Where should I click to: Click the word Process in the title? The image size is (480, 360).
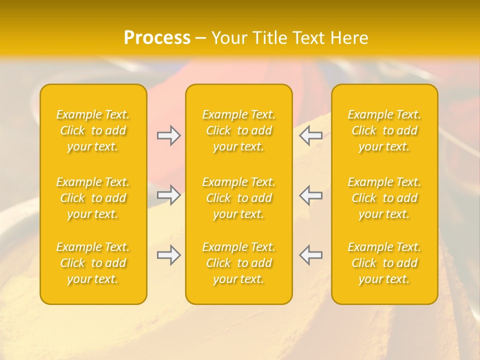click(157, 38)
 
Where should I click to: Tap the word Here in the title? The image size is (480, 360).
click(349, 38)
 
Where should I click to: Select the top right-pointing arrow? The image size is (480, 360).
click(169, 135)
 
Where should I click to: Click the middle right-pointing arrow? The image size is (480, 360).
click(169, 195)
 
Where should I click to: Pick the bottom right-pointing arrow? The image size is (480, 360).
click(169, 255)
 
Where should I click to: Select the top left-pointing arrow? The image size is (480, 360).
click(311, 135)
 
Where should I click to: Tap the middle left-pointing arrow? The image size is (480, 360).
click(311, 195)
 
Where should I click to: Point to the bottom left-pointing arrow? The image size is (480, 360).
click(311, 255)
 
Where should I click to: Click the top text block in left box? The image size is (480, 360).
click(93, 130)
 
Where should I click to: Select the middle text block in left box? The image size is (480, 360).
click(93, 198)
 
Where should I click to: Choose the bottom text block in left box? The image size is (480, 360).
click(93, 263)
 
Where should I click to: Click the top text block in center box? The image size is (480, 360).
click(238, 130)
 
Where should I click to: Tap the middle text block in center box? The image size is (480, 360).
click(238, 198)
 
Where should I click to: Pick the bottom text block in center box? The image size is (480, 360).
click(238, 263)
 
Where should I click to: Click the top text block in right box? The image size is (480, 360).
click(384, 130)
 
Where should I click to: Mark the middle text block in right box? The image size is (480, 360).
click(384, 198)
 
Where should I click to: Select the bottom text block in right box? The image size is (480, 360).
click(384, 263)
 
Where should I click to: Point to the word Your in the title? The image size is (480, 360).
click(229, 38)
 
